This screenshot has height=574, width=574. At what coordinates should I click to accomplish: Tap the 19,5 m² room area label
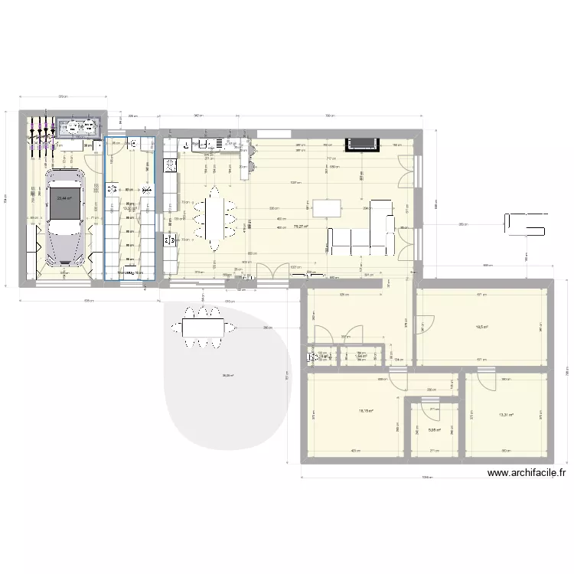tap(482, 327)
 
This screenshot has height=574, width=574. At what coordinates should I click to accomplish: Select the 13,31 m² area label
tap(506, 416)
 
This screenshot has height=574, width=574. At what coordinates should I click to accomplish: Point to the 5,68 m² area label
tap(433, 430)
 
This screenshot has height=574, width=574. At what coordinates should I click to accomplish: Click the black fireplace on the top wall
tap(361, 143)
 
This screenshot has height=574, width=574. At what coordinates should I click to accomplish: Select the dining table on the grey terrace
tap(203, 327)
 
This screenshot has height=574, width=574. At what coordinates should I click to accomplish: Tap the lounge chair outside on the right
tap(524, 223)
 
